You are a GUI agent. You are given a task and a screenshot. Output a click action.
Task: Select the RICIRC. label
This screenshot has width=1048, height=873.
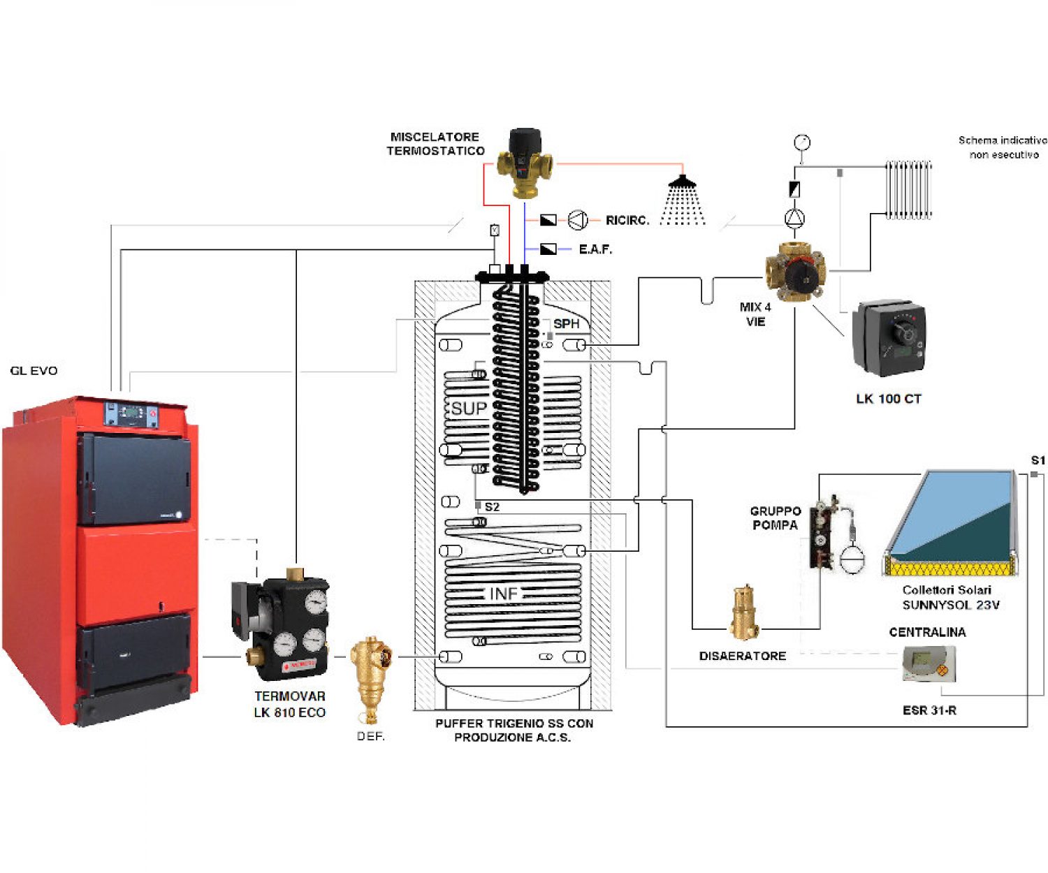click(627, 220)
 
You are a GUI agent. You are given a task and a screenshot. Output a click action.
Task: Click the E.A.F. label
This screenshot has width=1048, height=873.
click(595, 249)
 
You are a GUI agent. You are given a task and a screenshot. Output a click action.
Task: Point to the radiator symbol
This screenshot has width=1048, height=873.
click(909, 189)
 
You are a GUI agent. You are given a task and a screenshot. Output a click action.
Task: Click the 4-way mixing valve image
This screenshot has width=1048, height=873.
click(795, 271)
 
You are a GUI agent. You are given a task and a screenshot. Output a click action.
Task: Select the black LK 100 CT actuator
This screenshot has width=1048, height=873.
click(889, 338)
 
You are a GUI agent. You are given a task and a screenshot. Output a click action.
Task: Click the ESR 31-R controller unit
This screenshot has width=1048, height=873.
click(929, 663)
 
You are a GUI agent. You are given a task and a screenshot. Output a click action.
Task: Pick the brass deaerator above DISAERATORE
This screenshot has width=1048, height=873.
click(745, 613)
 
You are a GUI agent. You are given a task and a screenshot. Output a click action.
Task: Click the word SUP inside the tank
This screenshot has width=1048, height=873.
click(468, 409)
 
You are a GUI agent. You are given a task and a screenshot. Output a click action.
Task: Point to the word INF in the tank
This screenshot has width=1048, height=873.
click(504, 594)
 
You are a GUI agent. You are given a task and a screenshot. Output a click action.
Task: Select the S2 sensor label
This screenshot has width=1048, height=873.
click(492, 506)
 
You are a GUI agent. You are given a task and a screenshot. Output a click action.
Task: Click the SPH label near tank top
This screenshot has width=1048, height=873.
click(566, 323)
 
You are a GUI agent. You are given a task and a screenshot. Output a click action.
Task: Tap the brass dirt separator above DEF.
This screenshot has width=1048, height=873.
click(371, 675)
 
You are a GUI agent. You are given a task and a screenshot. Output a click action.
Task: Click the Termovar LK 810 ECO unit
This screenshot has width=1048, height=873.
click(286, 626)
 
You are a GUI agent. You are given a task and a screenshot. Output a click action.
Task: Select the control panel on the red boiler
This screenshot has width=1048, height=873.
click(131, 414)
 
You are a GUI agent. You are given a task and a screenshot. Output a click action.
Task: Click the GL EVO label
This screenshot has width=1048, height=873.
click(34, 370)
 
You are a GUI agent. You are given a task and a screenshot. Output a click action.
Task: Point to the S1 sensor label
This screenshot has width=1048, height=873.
click(1038, 460)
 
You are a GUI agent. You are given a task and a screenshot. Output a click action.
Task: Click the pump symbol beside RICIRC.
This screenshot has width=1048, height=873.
click(578, 220)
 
